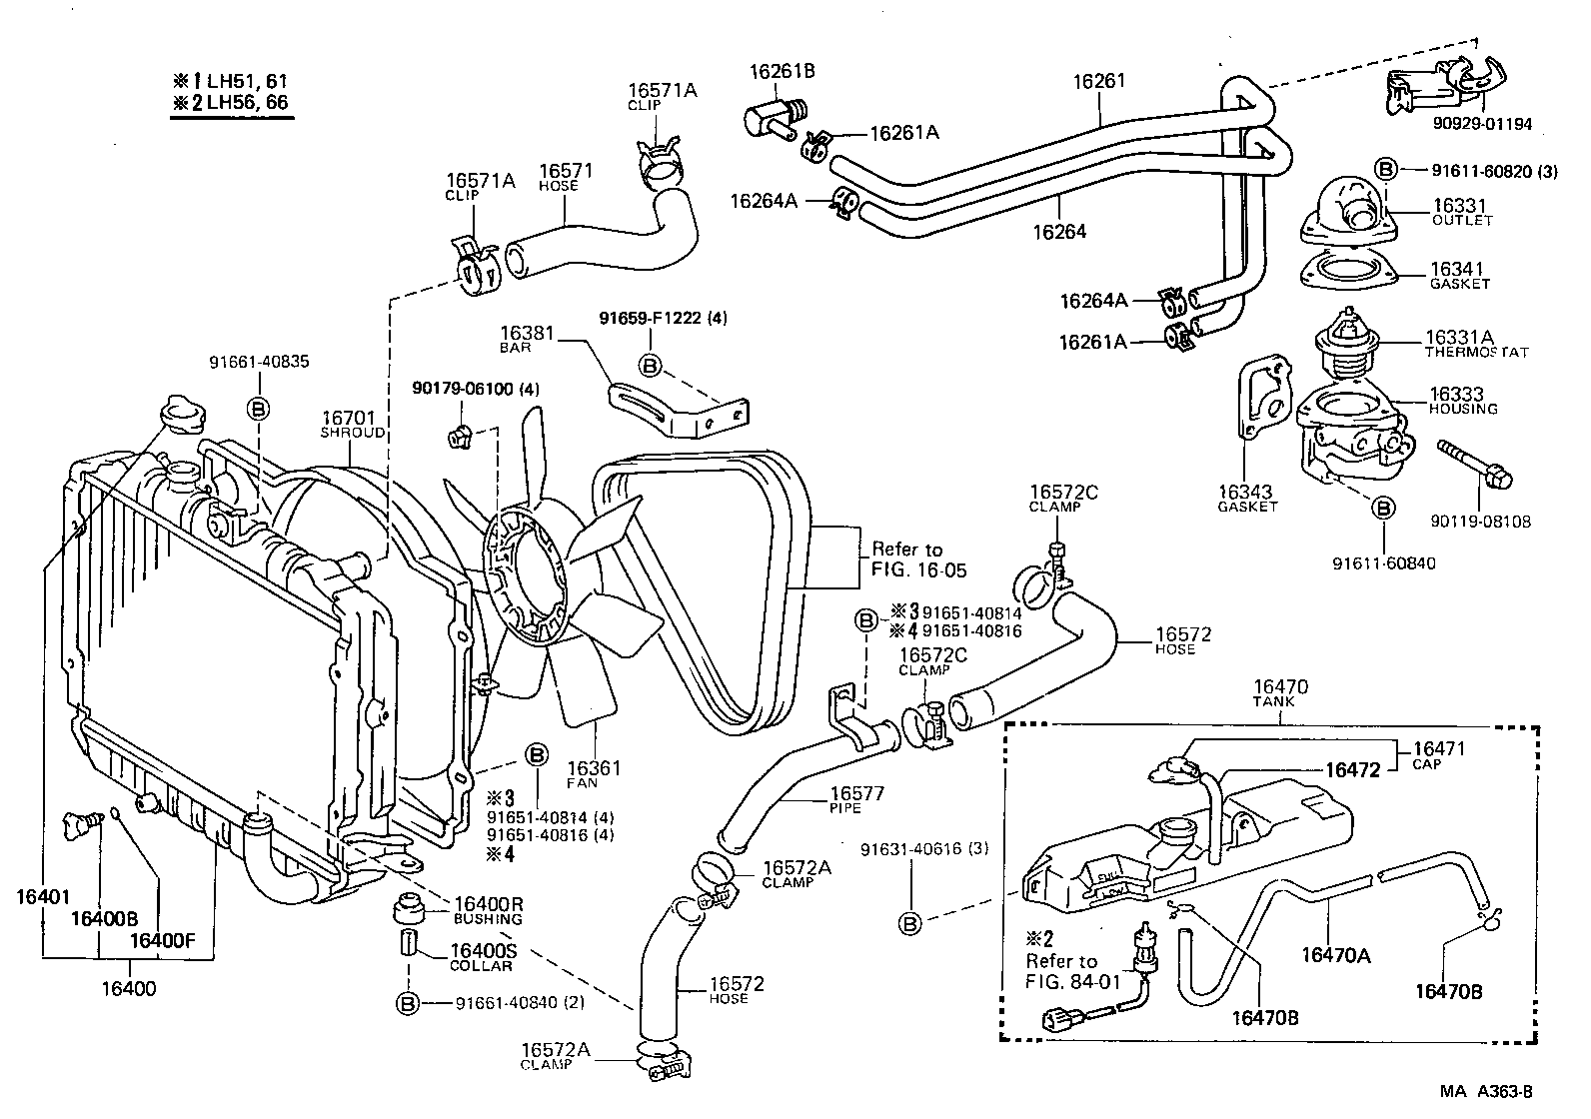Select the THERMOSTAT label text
(x=1476, y=353)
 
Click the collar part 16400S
(x=408, y=943)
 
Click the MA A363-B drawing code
(x=1486, y=1092)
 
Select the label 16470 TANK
(x=1280, y=692)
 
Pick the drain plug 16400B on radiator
(x=85, y=824)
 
